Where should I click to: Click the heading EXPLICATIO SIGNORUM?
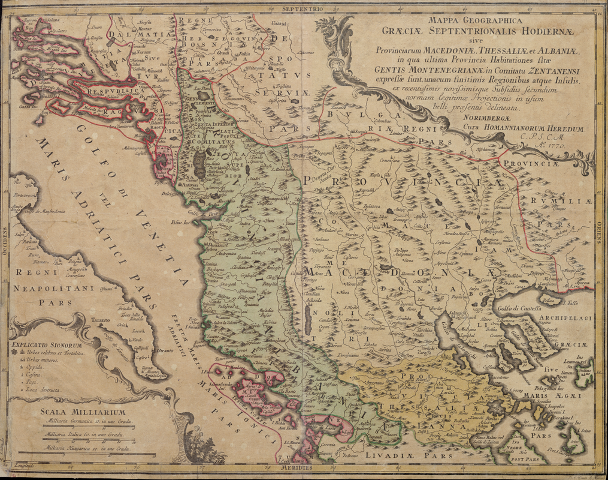pos(46,346)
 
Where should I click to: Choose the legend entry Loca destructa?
pos(42,391)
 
